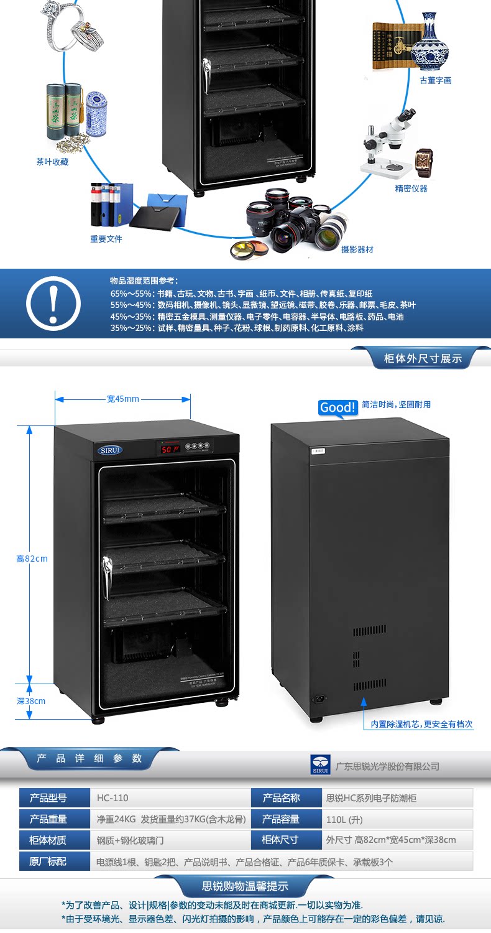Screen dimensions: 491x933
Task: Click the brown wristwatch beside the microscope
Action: point(424,162)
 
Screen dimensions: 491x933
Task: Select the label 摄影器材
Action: point(357,249)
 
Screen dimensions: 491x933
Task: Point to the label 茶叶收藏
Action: point(52,162)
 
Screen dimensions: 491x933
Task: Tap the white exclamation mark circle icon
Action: point(53,304)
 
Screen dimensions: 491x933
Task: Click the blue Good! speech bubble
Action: point(337,407)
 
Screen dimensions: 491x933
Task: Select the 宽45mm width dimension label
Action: point(122,399)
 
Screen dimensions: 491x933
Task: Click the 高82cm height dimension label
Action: point(32,559)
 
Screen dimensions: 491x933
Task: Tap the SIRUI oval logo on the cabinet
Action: point(110,450)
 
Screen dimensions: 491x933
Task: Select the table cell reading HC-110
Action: point(112,798)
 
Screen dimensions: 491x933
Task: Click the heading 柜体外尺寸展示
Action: point(423,358)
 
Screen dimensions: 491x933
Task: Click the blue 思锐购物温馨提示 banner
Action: point(245,886)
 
